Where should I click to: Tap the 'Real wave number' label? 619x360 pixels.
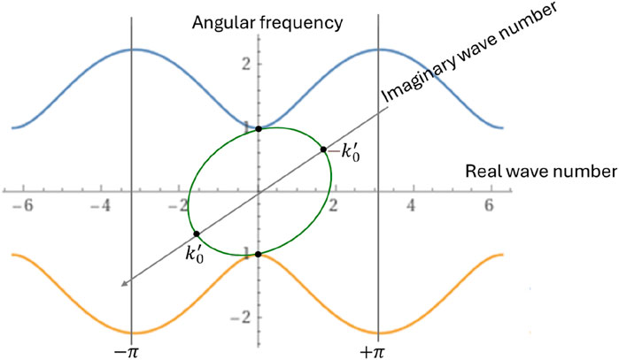538,169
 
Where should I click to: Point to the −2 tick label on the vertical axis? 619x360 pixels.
271,317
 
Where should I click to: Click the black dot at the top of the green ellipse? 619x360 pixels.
259,129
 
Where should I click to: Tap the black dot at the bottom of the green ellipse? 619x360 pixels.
259,255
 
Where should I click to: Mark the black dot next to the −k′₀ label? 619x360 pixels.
323,149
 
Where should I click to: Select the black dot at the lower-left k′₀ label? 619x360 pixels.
196,234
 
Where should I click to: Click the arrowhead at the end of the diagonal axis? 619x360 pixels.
125,283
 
